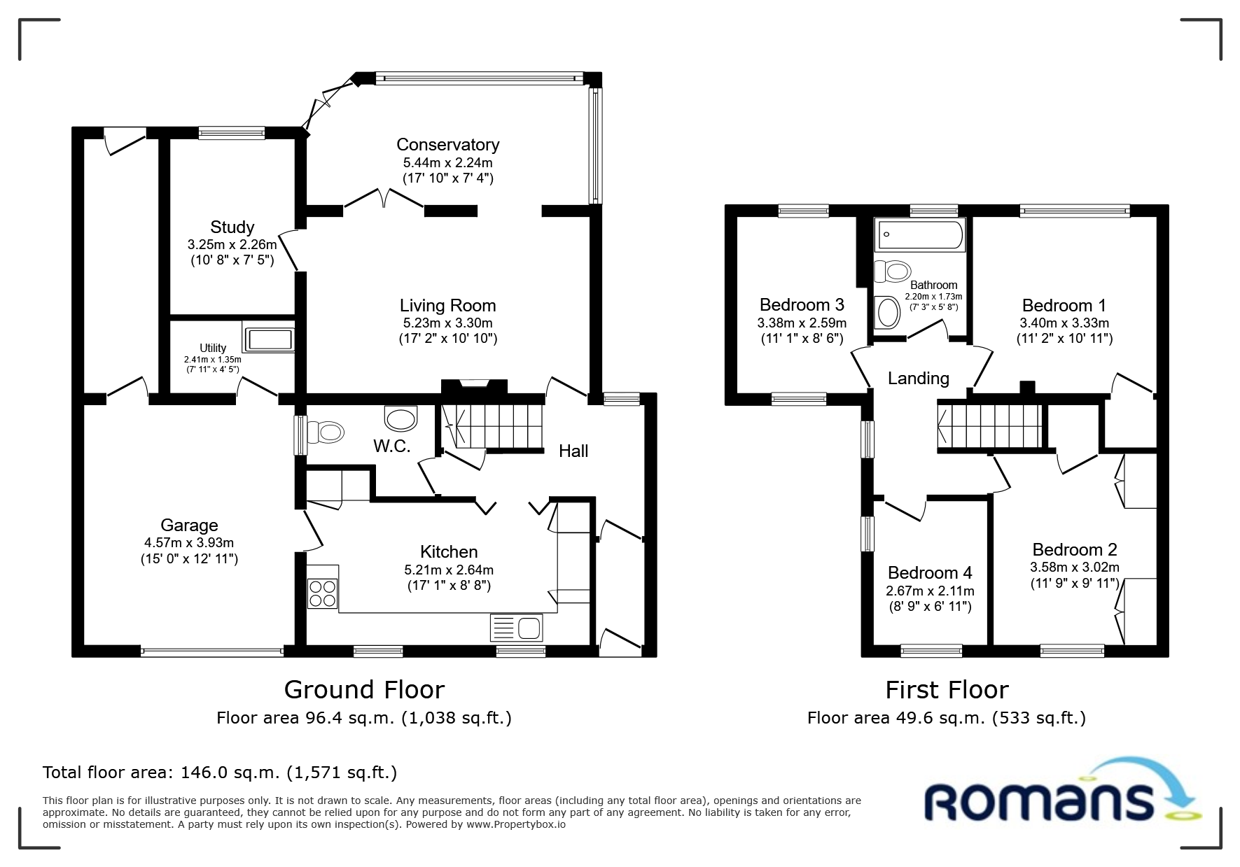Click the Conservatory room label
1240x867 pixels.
(x=447, y=145)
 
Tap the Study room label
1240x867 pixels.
(x=232, y=227)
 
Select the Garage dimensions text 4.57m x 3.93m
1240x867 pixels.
(x=189, y=543)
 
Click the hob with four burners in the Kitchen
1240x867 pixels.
(x=322, y=593)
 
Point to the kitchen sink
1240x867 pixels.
(x=517, y=628)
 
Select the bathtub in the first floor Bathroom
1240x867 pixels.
(x=920, y=235)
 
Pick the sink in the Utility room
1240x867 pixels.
(x=268, y=337)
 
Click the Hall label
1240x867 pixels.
(x=573, y=451)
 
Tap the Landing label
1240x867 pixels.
(x=918, y=379)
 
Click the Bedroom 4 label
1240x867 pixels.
(x=930, y=573)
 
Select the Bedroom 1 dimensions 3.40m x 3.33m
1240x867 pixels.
(x=1064, y=323)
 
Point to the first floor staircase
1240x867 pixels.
(x=991, y=426)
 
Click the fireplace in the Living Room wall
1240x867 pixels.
(x=474, y=387)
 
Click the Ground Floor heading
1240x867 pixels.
(x=364, y=690)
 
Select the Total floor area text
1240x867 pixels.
(x=220, y=773)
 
